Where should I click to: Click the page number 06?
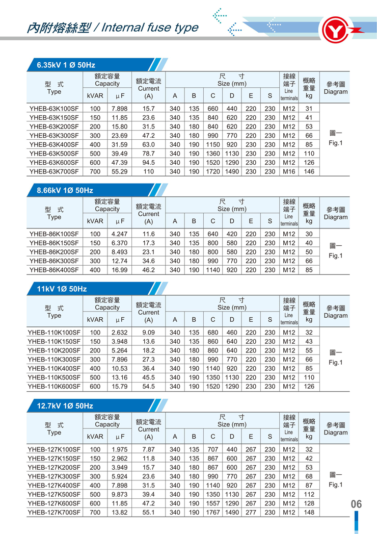point(356,504)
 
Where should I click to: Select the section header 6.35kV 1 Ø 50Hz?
point(66,65)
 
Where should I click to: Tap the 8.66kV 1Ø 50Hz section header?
point(65,190)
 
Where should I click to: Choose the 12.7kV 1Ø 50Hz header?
point(65,406)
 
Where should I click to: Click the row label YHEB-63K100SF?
point(54,109)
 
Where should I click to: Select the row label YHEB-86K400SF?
point(54,270)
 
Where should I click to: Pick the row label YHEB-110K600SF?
point(54,387)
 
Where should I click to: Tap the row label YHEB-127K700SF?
point(54,512)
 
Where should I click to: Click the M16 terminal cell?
point(289,172)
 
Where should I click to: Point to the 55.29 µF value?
point(119,172)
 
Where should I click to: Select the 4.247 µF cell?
point(119,234)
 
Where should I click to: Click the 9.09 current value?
point(149,332)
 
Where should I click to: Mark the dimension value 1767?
point(213,512)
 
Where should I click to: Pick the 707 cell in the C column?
point(213,449)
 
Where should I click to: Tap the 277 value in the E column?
point(251,512)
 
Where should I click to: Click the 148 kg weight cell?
point(309,512)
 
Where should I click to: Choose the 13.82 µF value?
point(119,512)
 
